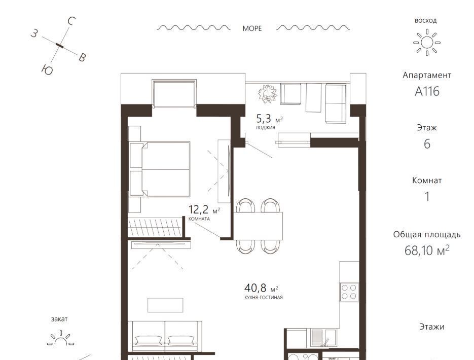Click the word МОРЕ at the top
point(252,28)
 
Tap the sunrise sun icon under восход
point(427,43)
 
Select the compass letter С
point(71,21)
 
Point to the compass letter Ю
point(48,70)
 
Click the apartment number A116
point(427,91)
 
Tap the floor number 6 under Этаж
point(427,144)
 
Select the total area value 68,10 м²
point(427,250)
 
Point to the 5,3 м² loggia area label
point(270,118)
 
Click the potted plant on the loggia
point(268,94)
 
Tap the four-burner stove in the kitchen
point(349,292)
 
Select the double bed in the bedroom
point(159,169)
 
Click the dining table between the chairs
point(258,226)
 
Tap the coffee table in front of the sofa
point(165,305)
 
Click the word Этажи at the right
point(431,327)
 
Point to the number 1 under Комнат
point(427,196)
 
